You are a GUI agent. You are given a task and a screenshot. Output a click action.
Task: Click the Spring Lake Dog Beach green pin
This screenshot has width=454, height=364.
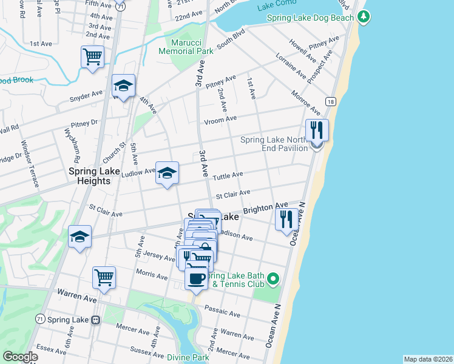[364, 17]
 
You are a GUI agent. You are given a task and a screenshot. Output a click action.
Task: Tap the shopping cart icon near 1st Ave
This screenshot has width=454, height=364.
[92, 57]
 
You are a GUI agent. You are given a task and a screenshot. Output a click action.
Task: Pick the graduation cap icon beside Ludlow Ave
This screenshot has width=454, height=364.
[168, 173]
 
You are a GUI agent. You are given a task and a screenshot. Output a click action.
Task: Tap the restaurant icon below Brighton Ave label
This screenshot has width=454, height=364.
[286, 220]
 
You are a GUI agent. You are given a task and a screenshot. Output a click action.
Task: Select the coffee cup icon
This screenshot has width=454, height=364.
[196, 278]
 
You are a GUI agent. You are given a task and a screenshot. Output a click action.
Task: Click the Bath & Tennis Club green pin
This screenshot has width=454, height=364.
[273, 279]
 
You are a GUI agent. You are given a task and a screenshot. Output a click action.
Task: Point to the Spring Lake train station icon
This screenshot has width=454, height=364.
[95, 320]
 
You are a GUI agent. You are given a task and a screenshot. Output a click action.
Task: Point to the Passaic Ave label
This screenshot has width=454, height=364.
[223, 312]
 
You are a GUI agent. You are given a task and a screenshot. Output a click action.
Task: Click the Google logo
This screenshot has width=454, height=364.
[20, 357]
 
